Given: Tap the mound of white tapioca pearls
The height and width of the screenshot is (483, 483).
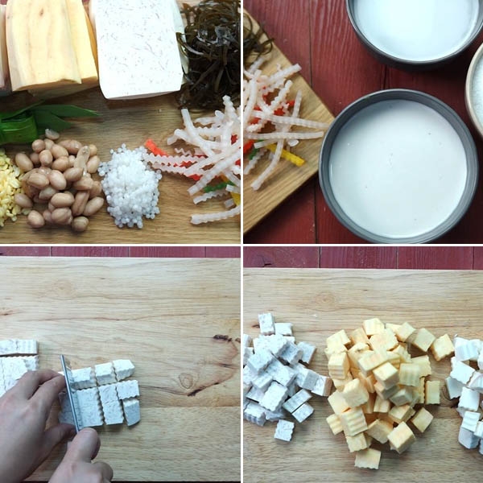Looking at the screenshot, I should (x=130, y=186).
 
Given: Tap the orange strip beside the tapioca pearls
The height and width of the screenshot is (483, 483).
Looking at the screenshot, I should (x=155, y=148).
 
